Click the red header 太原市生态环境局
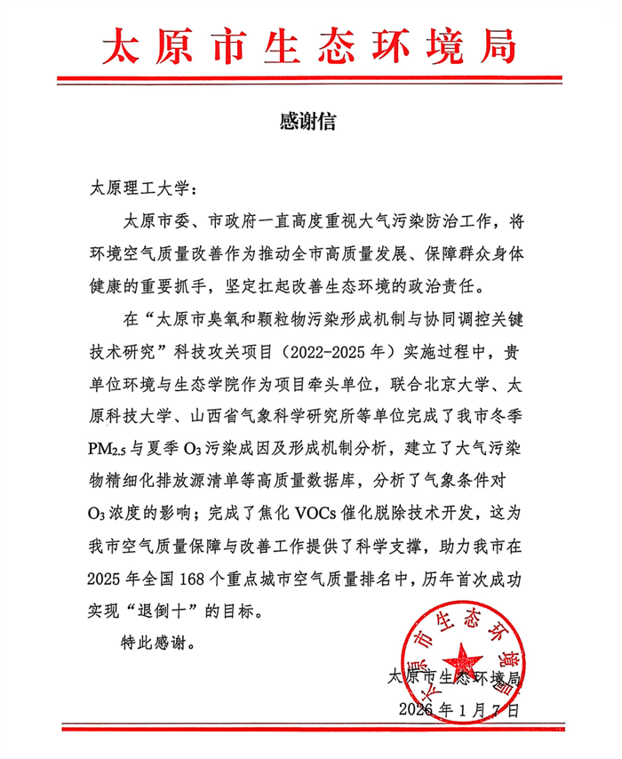tap(310, 45)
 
